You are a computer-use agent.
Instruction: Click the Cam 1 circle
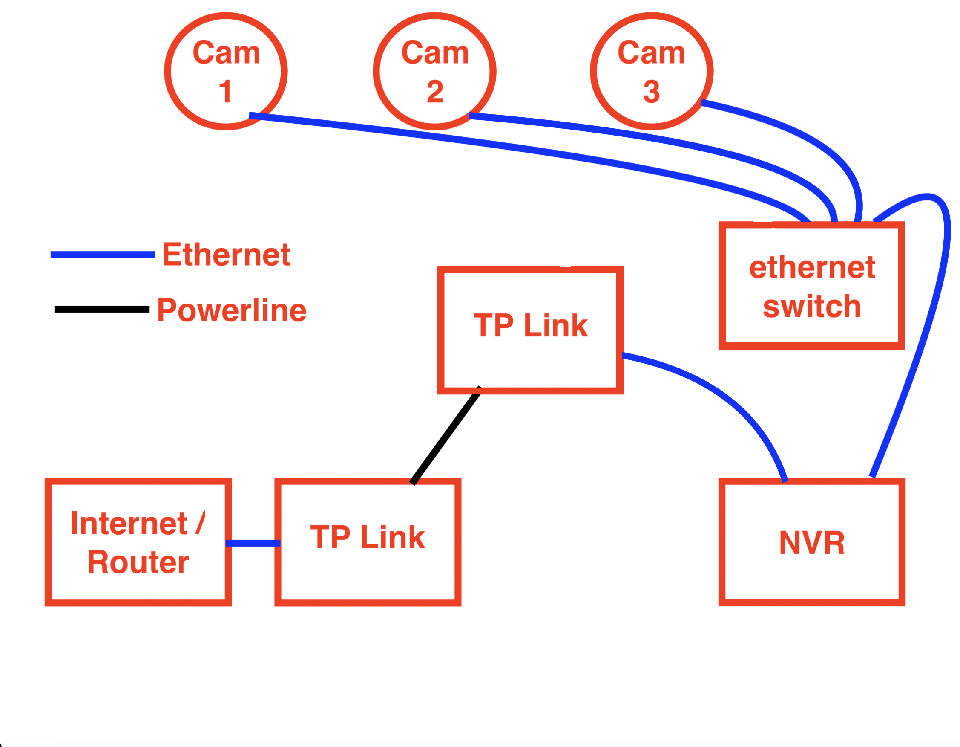[225, 71]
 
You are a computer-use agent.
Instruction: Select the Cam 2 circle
[434, 71]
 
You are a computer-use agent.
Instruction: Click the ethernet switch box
[811, 286]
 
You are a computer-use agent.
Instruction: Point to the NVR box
[811, 542]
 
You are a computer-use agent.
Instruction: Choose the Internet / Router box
[138, 542]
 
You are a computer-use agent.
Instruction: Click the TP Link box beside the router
[368, 542]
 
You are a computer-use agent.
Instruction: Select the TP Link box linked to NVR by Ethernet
[530, 330]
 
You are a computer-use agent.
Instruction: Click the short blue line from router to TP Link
[253, 543]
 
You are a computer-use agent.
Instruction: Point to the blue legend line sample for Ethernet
[102, 254]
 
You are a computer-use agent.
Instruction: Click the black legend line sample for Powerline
[101, 309]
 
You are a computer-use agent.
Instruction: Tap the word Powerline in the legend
[232, 310]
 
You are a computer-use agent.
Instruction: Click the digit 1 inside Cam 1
[225, 92]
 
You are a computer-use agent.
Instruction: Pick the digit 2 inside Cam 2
[435, 92]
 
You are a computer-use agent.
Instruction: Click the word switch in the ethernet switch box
[811, 307]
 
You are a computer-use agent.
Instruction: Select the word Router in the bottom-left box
[138, 562]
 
